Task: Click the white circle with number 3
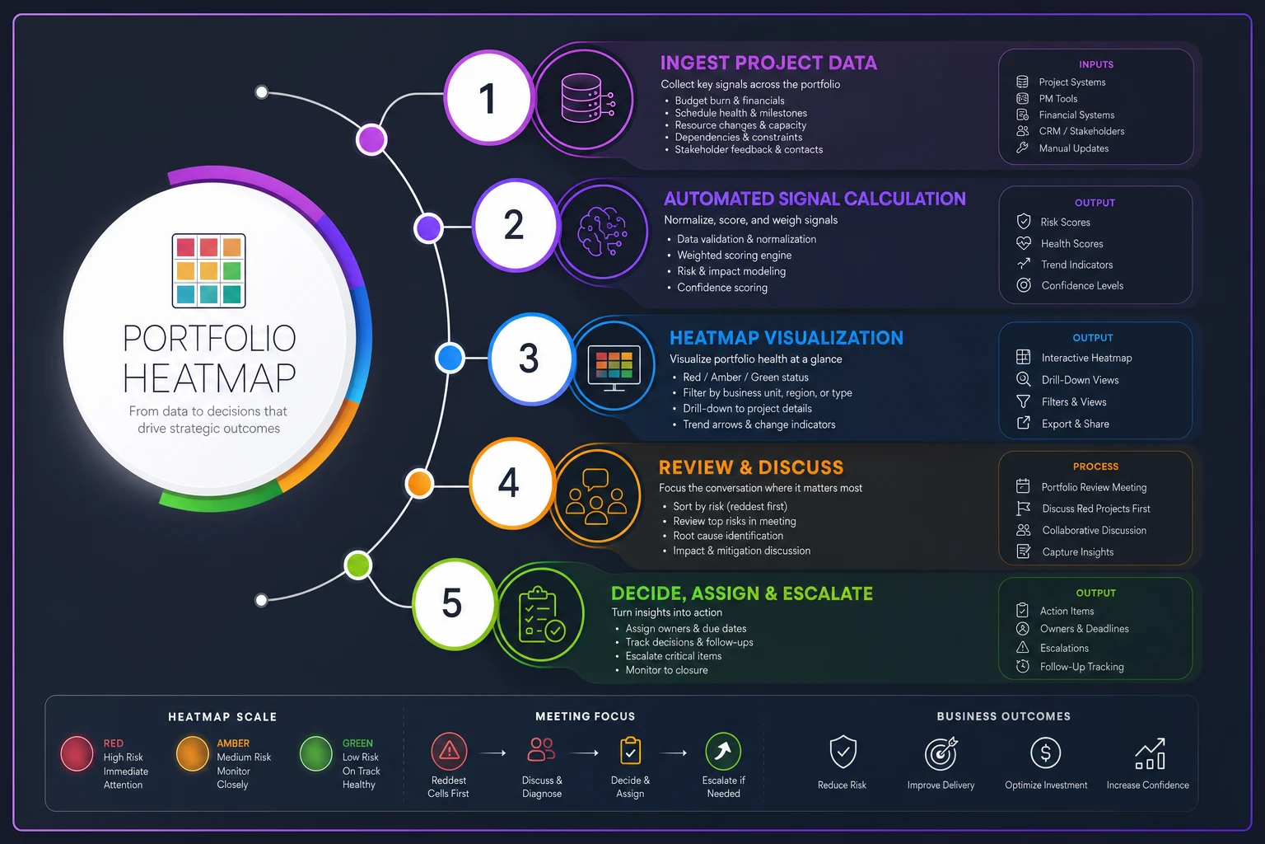pyautogui.click(x=530, y=359)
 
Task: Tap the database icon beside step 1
pyautogui.click(x=587, y=98)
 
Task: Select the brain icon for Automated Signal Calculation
pyautogui.click(x=602, y=232)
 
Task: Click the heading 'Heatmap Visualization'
pyautogui.click(x=787, y=338)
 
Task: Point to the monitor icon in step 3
pyautogui.click(x=614, y=367)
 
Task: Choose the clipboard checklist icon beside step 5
pyautogui.click(x=541, y=615)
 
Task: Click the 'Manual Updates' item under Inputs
pyautogui.click(x=1074, y=148)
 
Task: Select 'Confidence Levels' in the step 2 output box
pyautogui.click(x=1082, y=285)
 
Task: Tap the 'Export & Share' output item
pyautogui.click(x=1075, y=424)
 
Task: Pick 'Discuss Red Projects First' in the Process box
pyautogui.click(x=1095, y=509)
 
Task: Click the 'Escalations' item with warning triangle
pyautogui.click(x=1064, y=648)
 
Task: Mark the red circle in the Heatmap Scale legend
pyautogui.click(x=77, y=753)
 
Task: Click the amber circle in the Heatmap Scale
pyautogui.click(x=192, y=753)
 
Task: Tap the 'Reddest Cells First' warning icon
pyautogui.click(x=449, y=752)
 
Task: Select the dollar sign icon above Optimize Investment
pyautogui.click(x=1045, y=753)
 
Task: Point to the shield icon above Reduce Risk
pyautogui.click(x=843, y=752)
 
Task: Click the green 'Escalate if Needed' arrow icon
pyautogui.click(x=723, y=752)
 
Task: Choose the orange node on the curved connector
pyautogui.click(x=419, y=484)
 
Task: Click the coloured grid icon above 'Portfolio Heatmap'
pyautogui.click(x=208, y=271)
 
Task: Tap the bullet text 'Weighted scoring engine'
pyautogui.click(x=734, y=255)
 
